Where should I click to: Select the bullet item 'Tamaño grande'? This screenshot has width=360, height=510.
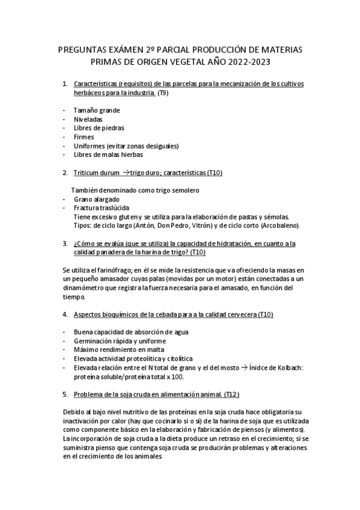click(x=96, y=111)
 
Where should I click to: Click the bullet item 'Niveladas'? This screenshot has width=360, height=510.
click(x=88, y=119)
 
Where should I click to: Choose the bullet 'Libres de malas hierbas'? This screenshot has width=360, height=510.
click(x=108, y=154)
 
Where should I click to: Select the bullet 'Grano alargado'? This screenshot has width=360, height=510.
click(x=96, y=199)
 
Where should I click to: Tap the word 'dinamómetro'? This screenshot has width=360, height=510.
click(x=87, y=288)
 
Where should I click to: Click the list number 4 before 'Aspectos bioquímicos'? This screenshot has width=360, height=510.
click(x=64, y=315)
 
